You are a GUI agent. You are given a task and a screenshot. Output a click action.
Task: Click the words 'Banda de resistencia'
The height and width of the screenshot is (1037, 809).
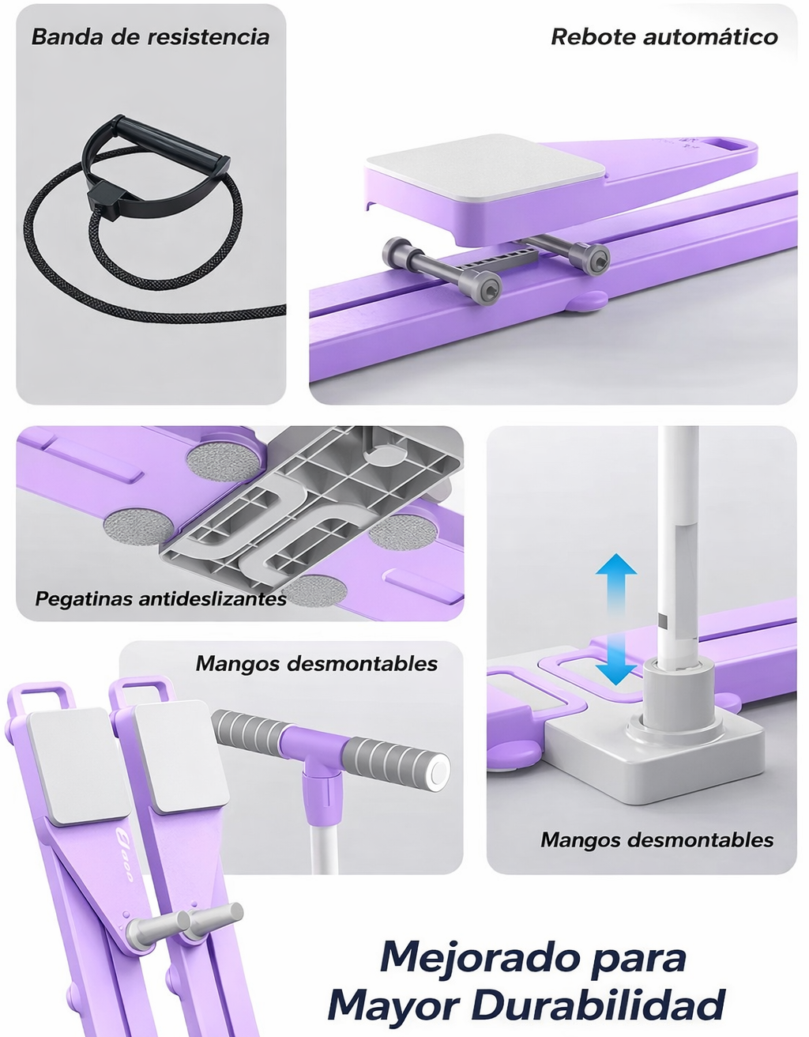(x=150, y=37)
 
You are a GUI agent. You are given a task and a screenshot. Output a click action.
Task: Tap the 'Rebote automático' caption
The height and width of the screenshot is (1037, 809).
(x=664, y=37)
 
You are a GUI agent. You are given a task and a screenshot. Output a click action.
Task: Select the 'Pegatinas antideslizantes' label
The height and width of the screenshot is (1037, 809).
(x=160, y=598)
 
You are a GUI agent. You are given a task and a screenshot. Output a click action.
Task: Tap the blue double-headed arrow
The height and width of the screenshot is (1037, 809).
(x=615, y=620)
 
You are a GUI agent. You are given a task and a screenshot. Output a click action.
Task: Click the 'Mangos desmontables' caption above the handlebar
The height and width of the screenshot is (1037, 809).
(x=316, y=663)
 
